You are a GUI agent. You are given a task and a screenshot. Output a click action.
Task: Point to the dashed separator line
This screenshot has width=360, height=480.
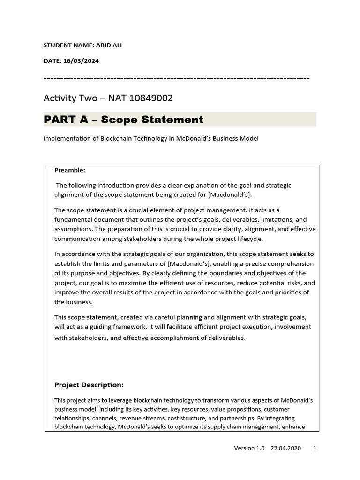coord(176,77)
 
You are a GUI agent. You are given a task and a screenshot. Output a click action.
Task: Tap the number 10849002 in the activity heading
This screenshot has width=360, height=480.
coord(150,98)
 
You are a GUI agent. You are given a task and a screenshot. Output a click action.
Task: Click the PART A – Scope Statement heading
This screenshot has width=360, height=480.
coord(123,120)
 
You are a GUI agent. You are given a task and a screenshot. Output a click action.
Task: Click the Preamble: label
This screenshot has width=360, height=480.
coord(70,170)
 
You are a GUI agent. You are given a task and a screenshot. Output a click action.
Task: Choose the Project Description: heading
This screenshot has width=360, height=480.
coord(89,385)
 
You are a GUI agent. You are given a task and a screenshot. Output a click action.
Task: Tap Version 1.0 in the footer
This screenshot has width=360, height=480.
coord(249,448)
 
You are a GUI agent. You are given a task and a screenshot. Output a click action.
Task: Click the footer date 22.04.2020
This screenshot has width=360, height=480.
coord(285,448)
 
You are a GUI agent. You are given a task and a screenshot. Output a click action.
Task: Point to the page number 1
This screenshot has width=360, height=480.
coord(314,448)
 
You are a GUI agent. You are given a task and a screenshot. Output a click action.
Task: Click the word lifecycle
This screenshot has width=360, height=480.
coord(250,238)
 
